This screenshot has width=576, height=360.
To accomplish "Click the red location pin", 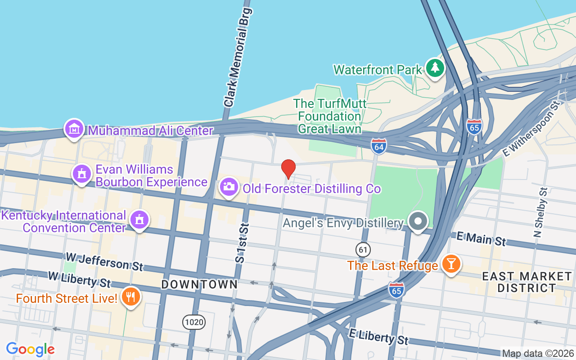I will pos(288,169).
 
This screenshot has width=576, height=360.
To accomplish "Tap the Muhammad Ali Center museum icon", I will pos(74,130).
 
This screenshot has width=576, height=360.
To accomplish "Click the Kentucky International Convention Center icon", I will pos(139,220).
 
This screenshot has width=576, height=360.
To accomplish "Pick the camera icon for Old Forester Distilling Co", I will pos(229,187).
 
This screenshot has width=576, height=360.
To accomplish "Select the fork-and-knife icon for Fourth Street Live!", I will pos(130,297).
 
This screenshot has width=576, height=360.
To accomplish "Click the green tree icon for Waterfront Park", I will pos(435,68).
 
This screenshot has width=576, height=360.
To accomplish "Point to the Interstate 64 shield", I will pos(379,146).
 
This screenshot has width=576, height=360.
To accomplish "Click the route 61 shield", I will pos(363,249).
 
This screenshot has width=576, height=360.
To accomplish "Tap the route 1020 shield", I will pos(194,322).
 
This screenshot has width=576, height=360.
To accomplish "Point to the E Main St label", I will pos(481,238).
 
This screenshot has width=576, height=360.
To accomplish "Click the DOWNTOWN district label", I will pos(199,284).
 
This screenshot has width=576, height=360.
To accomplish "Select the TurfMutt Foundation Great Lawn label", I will pos(330,117).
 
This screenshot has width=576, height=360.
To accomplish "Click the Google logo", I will pos(31,349).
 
